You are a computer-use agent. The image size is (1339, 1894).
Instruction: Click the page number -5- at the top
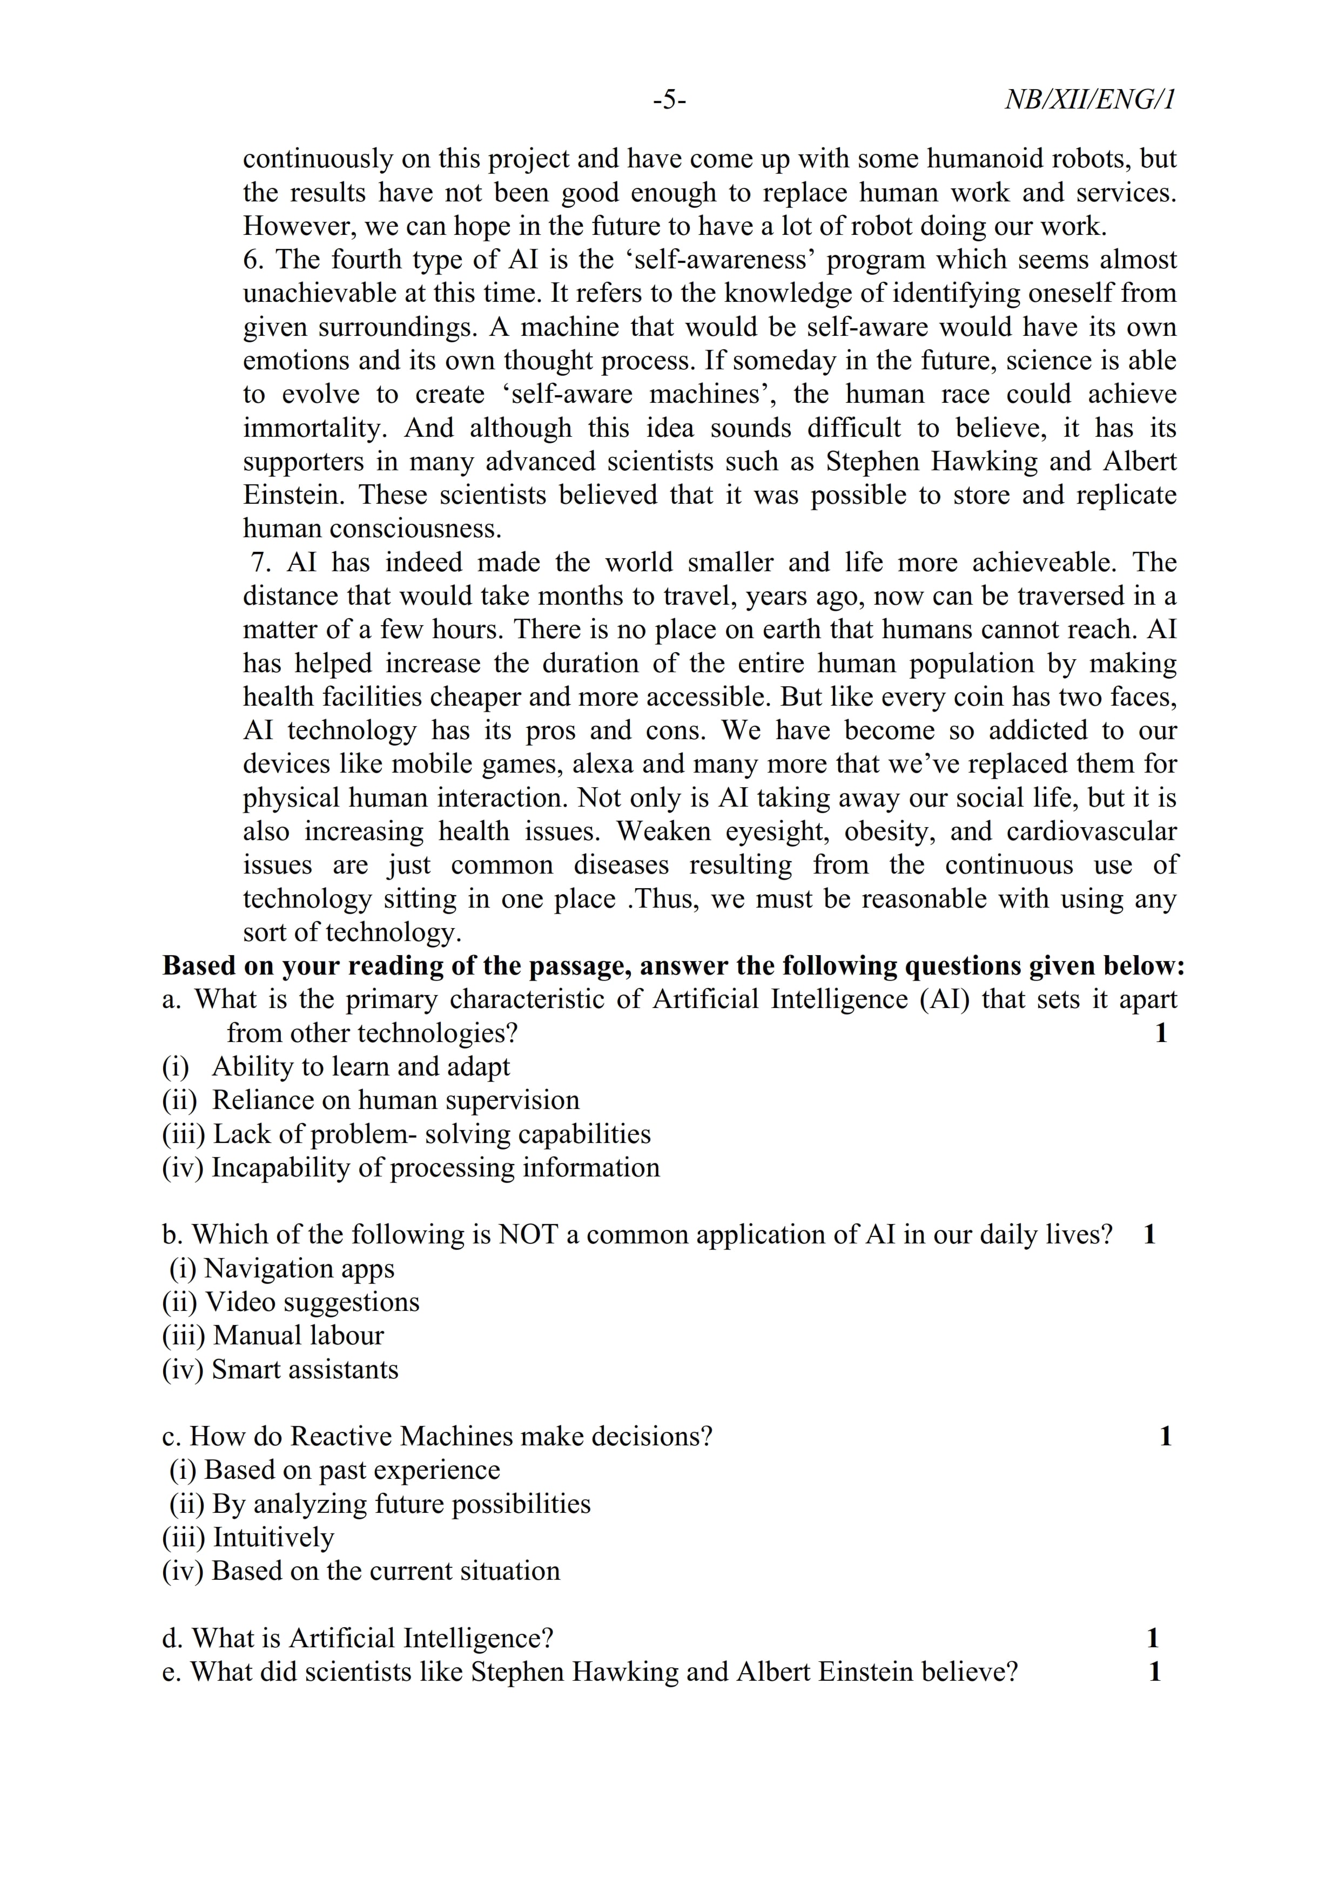pyautogui.click(x=669, y=100)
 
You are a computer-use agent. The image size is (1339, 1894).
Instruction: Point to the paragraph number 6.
pyautogui.click(x=252, y=259)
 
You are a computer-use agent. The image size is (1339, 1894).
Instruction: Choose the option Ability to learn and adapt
pyautogui.click(x=360, y=1067)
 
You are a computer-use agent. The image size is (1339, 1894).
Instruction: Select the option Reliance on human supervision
pyautogui.click(x=395, y=1100)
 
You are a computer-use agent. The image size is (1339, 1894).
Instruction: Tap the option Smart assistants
pyautogui.click(x=305, y=1369)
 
